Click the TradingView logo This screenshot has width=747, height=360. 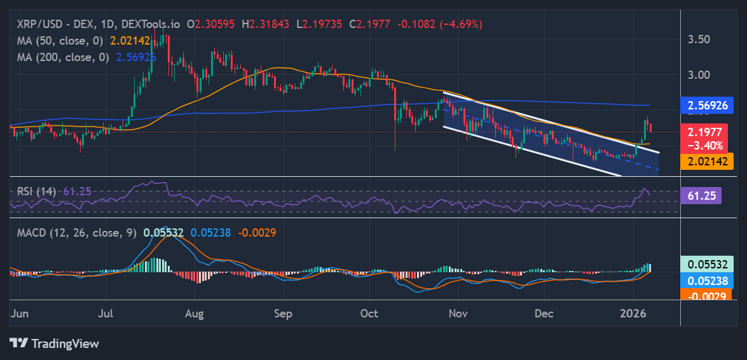click(54, 343)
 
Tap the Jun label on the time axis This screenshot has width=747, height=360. click(20, 314)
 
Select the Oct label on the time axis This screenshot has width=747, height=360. click(369, 314)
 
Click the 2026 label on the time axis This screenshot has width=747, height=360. click(633, 314)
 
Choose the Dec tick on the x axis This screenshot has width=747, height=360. click(544, 314)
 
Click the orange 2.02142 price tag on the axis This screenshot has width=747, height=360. click(702, 161)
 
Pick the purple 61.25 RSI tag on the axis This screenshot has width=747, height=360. click(700, 195)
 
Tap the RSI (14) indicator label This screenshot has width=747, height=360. click(36, 191)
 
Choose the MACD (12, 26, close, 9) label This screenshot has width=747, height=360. click(77, 233)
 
